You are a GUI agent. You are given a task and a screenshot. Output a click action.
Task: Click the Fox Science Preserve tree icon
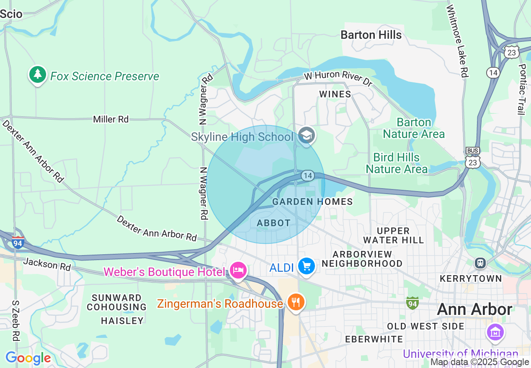(x=38, y=75)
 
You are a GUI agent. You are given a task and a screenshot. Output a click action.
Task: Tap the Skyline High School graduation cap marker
(x=307, y=135)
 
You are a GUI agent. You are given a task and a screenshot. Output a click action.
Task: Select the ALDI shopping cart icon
(x=307, y=266)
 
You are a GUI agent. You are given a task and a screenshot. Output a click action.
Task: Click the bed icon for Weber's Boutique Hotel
(x=238, y=271)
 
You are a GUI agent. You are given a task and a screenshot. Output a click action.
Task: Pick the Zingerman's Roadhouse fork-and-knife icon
(x=296, y=302)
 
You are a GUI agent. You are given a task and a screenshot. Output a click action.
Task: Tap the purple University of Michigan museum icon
(x=496, y=333)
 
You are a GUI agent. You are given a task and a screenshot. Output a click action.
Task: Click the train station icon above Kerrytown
(x=480, y=263)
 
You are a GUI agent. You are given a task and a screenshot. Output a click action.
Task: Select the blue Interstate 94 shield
(x=18, y=242)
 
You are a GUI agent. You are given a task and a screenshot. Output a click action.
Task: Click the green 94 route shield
(x=412, y=303)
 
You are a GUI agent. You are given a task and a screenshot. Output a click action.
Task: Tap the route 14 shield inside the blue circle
(x=308, y=176)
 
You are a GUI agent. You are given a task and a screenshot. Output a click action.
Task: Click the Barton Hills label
(x=371, y=35)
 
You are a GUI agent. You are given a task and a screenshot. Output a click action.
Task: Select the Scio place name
(x=11, y=14)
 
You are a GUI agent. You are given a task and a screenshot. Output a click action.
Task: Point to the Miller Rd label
(x=111, y=119)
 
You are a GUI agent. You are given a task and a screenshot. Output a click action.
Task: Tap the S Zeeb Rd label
(x=15, y=320)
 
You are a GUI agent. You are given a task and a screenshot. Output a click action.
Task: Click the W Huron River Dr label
(x=338, y=79)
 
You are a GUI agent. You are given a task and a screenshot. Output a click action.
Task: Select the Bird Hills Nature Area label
(x=397, y=163)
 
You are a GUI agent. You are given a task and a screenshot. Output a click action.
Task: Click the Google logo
(x=28, y=358)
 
